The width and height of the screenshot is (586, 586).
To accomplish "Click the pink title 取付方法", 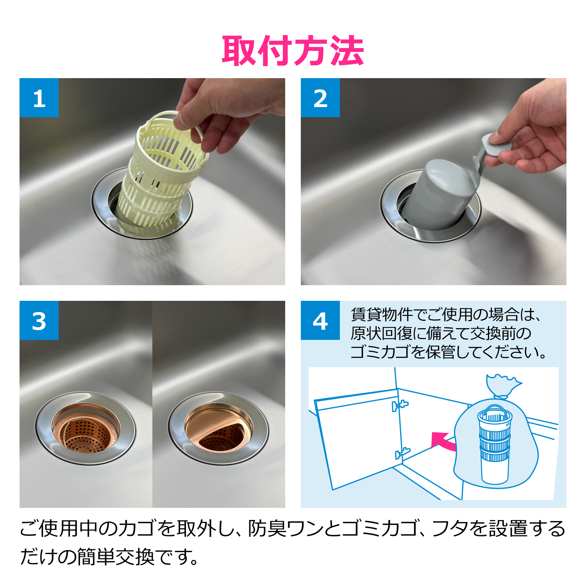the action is (293, 51).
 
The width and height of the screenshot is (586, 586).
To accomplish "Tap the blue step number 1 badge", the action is (39, 98).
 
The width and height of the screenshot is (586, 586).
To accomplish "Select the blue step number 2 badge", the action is (320, 98).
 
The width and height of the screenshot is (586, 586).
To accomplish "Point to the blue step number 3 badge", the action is (39, 320).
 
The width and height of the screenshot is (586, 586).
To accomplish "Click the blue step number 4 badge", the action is (320, 320).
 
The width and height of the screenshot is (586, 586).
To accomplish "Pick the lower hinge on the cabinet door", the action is (402, 453).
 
